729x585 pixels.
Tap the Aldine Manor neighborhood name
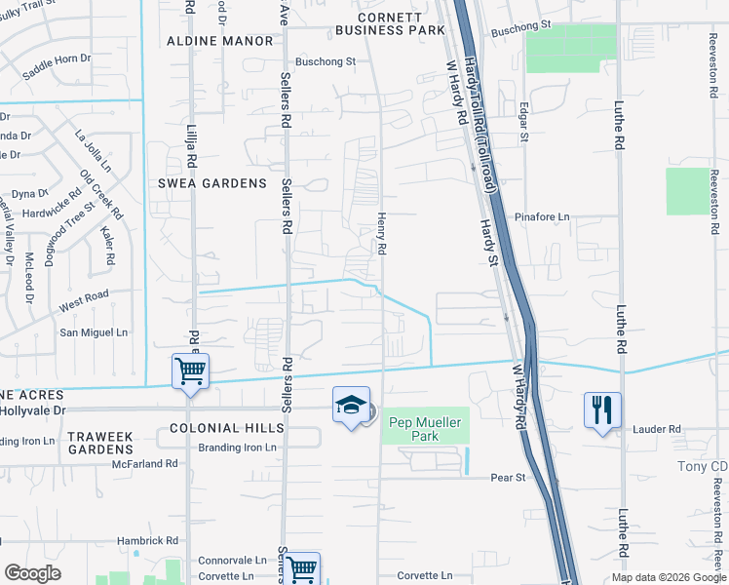tap(220, 41)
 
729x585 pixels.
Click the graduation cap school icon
tap(351, 407)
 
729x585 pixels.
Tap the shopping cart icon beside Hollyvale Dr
tap(190, 371)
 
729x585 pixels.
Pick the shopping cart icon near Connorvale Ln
tap(302, 567)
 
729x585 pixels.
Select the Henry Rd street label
tap(382, 235)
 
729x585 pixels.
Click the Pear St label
tap(508, 478)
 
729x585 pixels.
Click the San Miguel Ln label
tap(95, 332)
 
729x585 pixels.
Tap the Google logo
tap(33, 572)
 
